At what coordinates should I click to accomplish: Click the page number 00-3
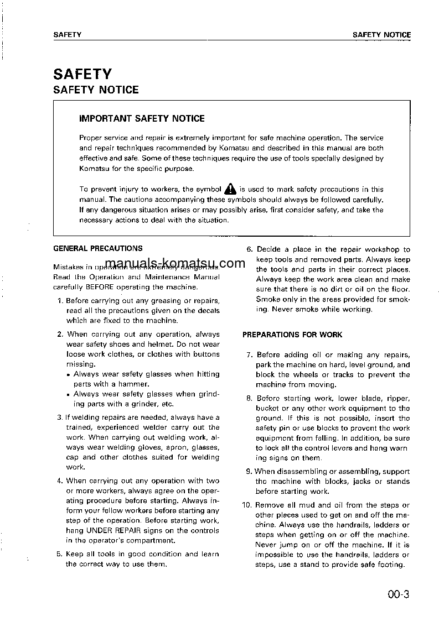(398, 596)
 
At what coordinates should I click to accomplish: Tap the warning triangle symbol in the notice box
(230, 189)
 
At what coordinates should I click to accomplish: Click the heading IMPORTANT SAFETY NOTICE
(142, 118)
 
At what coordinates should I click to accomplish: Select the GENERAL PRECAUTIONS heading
(97, 249)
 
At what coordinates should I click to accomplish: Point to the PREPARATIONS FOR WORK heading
(292, 335)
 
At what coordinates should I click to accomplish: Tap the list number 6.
(249, 250)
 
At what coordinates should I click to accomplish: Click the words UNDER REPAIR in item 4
(112, 530)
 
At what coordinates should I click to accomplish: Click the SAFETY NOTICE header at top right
(381, 35)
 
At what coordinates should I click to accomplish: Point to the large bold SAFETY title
(82, 74)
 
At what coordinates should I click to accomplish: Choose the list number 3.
(60, 418)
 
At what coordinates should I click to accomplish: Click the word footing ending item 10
(389, 565)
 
